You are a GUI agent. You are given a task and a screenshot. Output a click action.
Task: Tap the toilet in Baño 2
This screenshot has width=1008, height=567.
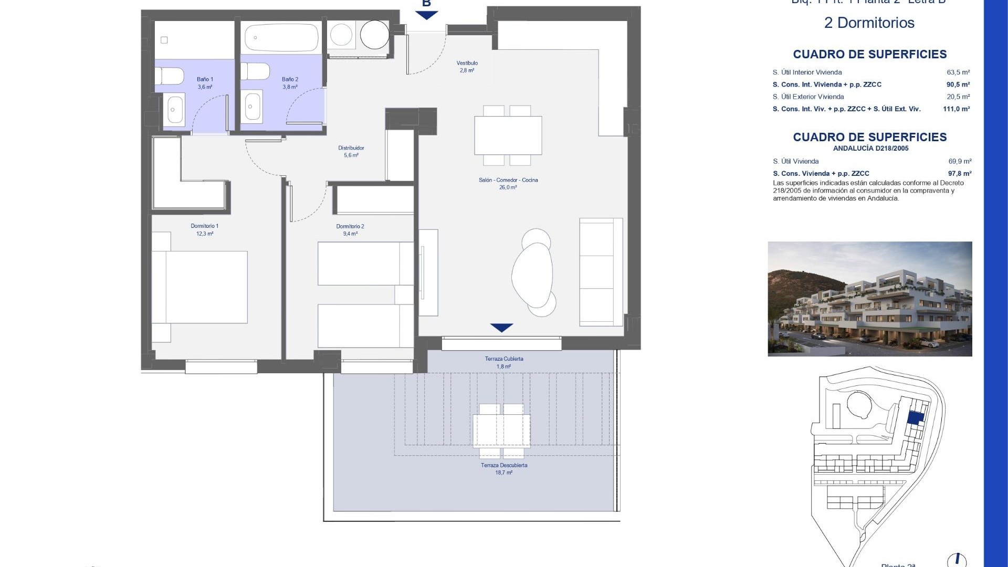255,71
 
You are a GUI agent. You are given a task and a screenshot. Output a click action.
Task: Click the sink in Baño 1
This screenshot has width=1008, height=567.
174,110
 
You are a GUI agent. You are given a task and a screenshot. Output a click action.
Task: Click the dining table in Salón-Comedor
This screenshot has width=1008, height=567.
508,135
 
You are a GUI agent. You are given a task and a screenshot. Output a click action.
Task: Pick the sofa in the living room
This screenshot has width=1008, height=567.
601,271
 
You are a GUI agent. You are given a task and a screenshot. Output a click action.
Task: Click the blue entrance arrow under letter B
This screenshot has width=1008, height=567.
426,15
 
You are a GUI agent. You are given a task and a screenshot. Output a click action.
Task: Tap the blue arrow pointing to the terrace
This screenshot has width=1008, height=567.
501,328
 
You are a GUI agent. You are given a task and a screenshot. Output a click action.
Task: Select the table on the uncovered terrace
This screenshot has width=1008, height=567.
502,430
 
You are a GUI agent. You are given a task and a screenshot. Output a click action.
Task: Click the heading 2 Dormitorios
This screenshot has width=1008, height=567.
869,23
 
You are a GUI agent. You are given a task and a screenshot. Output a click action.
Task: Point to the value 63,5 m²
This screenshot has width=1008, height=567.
958,72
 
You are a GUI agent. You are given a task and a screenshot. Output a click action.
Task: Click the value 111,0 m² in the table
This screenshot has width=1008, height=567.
956,109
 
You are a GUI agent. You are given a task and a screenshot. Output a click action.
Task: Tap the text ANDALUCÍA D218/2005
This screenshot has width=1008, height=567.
870,149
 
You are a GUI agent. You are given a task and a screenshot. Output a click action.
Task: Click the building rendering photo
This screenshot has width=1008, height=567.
869,299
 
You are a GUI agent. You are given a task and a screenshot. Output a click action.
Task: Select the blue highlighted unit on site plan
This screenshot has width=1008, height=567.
916,417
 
